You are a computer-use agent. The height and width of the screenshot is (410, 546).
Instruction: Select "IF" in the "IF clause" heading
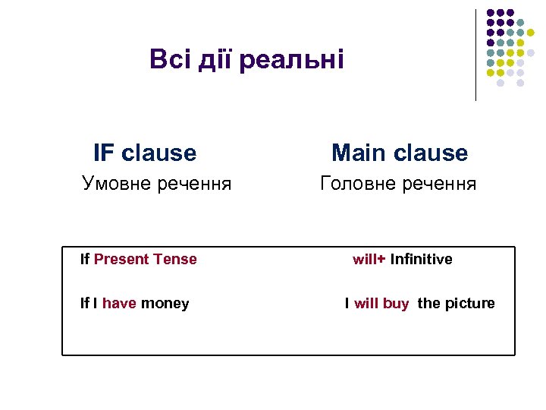104,153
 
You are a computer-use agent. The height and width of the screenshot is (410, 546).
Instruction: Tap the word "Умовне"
120,184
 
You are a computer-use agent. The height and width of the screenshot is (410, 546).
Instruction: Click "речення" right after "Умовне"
197,184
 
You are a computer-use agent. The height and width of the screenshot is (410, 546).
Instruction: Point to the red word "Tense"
174,260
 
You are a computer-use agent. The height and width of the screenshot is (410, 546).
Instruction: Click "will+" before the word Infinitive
369,260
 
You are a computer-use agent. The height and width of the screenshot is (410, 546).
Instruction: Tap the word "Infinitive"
421,260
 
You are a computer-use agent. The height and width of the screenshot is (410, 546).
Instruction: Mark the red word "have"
119,304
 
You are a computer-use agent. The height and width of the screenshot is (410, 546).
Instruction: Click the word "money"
165,304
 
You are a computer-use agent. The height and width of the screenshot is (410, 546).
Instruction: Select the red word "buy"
396,304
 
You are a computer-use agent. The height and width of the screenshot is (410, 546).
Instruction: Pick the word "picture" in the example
469,304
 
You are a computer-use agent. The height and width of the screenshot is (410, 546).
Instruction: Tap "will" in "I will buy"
366,304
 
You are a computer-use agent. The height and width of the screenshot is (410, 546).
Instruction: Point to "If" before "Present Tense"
85,260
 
